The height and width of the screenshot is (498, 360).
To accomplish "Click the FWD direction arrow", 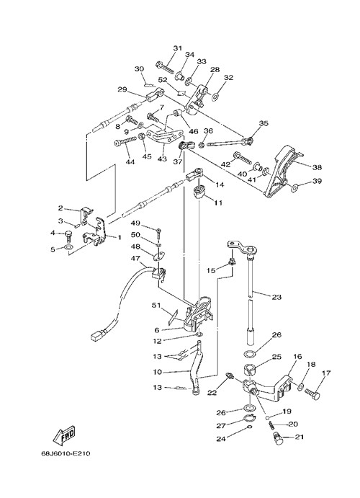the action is pyautogui.click(x=64, y=435).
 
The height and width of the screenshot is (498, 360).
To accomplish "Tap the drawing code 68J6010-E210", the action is pyautogui.click(x=66, y=453).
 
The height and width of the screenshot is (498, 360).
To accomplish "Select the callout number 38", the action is pyautogui.click(x=317, y=167).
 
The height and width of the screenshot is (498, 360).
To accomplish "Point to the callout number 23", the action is pyautogui.click(x=276, y=297).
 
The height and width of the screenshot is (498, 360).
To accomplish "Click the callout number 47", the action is pyautogui.click(x=135, y=259).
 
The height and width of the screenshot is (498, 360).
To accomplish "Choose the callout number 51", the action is pyautogui.click(x=156, y=306).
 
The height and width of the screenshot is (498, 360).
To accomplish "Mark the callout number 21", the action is pyautogui.click(x=299, y=437).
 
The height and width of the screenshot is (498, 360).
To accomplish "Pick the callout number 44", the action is pyautogui.click(x=130, y=162).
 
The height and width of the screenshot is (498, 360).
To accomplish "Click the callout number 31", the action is pyautogui.click(x=178, y=48).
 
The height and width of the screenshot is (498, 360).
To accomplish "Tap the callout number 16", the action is pyautogui.click(x=297, y=357).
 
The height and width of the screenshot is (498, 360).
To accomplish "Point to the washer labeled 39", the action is pyautogui.click(x=294, y=188).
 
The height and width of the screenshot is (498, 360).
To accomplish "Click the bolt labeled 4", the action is pyautogui.click(x=69, y=236).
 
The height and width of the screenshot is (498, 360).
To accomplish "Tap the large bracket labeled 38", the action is pyautogui.click(x=281, y=172).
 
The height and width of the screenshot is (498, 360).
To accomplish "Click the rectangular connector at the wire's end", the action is pyautogui.click(x=98, y=335).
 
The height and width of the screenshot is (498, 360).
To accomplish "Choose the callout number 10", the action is pyautogui.click(x=158, y=372).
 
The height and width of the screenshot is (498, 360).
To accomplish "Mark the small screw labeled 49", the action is pyautogui.click(x=158, y=232).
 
